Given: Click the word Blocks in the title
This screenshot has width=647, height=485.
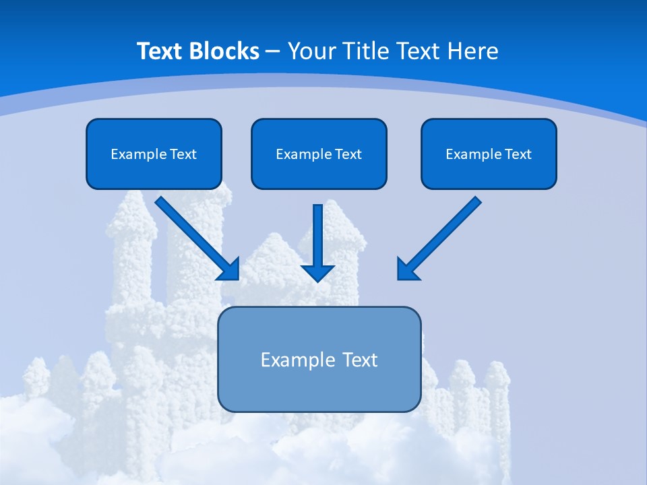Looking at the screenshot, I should [x=223, y=51].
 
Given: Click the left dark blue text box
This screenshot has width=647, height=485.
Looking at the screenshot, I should [x=154, y=154].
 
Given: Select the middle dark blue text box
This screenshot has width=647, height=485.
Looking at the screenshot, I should [x=319, y=154].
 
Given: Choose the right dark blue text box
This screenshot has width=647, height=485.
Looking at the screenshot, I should [x=489, y=154].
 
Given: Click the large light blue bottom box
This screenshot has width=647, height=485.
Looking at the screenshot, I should [x=319, y=359].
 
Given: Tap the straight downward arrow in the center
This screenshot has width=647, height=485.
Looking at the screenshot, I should [x=318, y=239].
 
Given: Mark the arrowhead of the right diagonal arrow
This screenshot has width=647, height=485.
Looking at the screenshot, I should [x=407, y=269].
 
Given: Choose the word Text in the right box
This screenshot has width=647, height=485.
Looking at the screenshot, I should [x=518, y=154].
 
